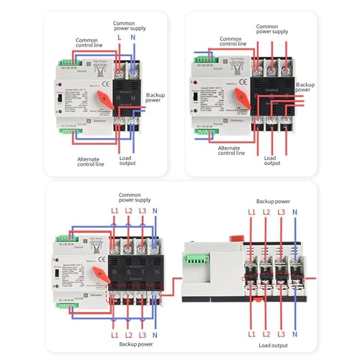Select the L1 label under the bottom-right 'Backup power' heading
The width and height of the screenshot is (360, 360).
pyautogui.click(x=251, y=213)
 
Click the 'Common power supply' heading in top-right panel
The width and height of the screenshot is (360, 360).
pyautogui.click(x=271, y=28)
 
